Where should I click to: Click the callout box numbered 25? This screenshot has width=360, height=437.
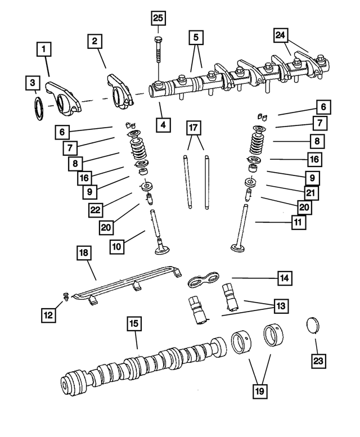click(x=159, y=19)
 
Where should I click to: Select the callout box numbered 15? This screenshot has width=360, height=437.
click(x=134, y=325)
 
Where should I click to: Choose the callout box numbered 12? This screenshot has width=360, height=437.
click(x=48, y=316)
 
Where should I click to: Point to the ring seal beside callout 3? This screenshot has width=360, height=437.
click(x=38, y=109)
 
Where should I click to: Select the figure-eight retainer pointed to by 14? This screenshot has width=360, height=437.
click(x=203, y=279)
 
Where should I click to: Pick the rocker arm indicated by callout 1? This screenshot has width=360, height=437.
click(x=62, y=94)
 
